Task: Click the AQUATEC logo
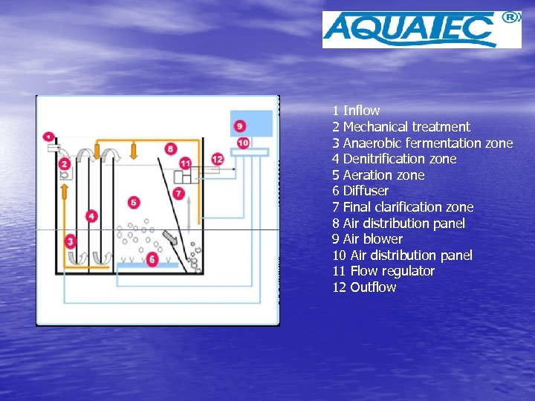coord(410,30)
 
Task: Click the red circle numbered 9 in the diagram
coord(239,126)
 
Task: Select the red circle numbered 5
coord(134,202)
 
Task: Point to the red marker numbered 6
coord(152,259)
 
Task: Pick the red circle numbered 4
coord(91,216)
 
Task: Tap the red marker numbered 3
coord(70,241)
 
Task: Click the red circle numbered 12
coord(217,159)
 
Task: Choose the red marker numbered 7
coord(178,193)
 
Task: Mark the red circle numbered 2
coord(65,163)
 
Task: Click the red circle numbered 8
coord(171,149)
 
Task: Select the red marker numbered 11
coord(185,163)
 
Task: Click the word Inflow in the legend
coord(361,111)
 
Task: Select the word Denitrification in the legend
coord(379,159)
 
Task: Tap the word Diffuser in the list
coord(366,191)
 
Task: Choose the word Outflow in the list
coord(373,287)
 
